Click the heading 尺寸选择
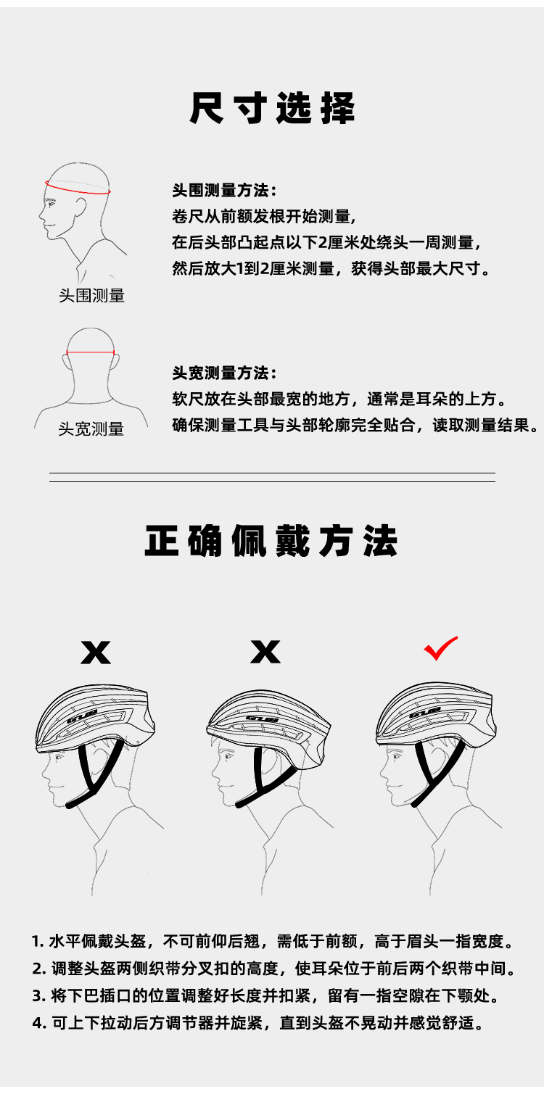pos(272,107)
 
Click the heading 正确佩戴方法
pos(271,541)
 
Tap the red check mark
pos(440,648)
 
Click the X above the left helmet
pos(96,652)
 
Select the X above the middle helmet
pos(265,652)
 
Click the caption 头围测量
pos(91,295)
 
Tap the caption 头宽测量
pos(91,428)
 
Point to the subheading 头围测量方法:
pos(225,190)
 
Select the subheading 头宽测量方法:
pos(225,373)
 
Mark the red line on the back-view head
pos(90,353)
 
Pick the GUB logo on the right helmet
pos(425,714)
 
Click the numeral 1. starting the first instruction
pos(38,941)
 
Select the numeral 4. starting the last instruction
pos(38,1022)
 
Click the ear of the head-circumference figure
pos(81,207)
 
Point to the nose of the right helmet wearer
pos(382,771)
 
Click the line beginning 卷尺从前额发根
pos(264,217)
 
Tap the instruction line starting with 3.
pos(265,995)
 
